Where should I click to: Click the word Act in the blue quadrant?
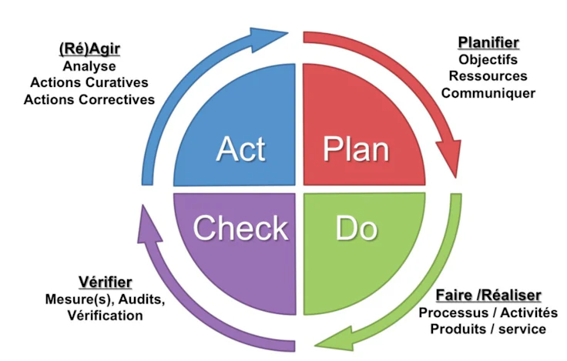point(240,149)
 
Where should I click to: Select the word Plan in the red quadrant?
point(355,149)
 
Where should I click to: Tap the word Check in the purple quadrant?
point(240,228)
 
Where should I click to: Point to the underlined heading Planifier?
point(488,42)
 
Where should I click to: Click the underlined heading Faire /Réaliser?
point(488,296)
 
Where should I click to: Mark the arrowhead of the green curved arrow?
point(332,336)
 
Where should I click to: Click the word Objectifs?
point(488,59)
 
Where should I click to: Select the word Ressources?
point(488,76)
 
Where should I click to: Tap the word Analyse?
point(89,67)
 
